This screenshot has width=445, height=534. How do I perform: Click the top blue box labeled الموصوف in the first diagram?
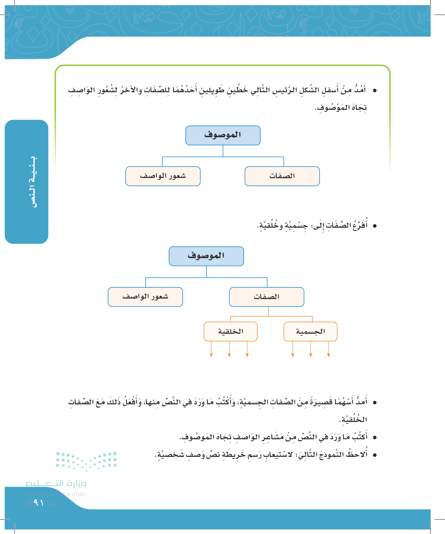coord(223,135)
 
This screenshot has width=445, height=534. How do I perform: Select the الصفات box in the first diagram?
coord(282,176)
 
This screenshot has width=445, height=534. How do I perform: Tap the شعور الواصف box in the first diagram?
coord(163,176)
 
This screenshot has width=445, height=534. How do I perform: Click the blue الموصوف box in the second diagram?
coord(206,256)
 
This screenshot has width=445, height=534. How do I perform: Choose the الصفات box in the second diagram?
coord(266,297)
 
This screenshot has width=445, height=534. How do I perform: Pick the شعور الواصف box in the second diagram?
coord(145,297)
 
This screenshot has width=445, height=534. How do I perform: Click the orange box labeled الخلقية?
coord(231,331)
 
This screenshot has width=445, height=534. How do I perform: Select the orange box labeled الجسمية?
coord(310,331)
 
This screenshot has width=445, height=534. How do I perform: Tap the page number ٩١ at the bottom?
coord(39,503)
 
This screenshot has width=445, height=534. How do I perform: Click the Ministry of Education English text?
coord(56,494)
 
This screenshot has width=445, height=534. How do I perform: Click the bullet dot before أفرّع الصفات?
coord(375,226)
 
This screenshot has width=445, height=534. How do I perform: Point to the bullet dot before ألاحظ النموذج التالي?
coord(375,455)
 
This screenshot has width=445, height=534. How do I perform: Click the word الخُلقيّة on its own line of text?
coord(354,419)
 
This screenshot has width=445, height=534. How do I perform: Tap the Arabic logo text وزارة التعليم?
coord(56,483)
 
